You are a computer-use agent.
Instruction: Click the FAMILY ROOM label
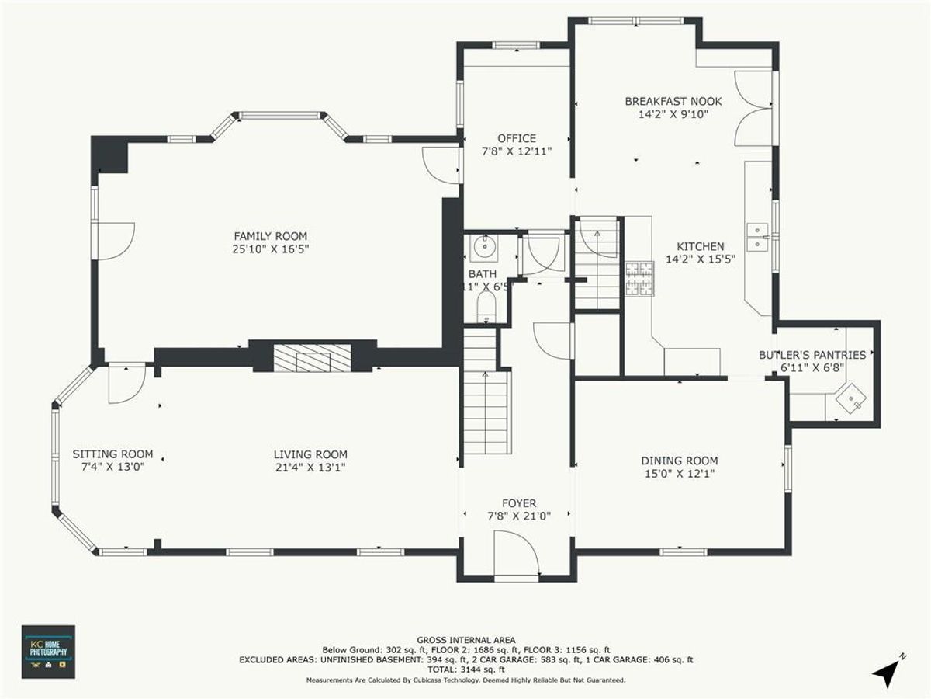tap(271, 236)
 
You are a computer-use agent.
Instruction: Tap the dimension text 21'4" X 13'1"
tap(310, 468)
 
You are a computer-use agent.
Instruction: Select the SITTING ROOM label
tap(112, 454)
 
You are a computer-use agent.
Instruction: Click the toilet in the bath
tap(486, 305)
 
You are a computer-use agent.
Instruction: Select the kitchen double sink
tap(757, 239)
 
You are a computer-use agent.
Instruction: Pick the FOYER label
tap(518, 503)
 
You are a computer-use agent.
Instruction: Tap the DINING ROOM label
tap(679, 460)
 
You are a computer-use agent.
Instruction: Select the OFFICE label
tap(517, 138)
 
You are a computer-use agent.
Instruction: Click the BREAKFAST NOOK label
tap(673, 101)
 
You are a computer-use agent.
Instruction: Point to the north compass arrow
tap(886, 672)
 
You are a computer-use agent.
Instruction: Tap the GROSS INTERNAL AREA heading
tap(465, 640)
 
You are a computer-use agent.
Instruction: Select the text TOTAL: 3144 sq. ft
tap(465, 669)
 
